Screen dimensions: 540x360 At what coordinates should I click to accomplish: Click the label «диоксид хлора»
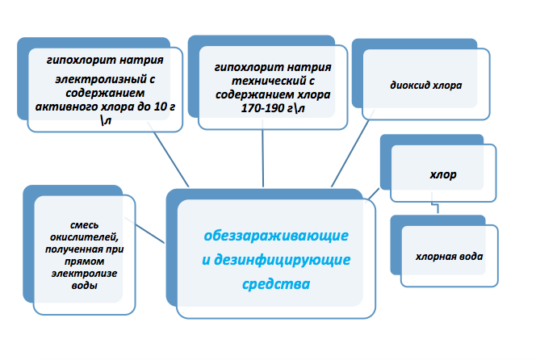pos(425,85)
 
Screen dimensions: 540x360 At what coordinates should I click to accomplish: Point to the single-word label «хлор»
pos(443,174)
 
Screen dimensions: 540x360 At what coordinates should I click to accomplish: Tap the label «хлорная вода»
pos(449,257)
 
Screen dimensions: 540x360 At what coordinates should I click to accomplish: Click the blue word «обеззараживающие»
pos(276,236)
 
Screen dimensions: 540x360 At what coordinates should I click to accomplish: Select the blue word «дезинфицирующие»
pos(282,260)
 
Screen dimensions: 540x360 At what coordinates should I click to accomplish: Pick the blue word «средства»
pos(276,284)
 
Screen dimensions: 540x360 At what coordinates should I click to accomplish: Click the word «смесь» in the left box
pos(85,225)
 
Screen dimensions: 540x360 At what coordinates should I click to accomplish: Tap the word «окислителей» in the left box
pos(84,237)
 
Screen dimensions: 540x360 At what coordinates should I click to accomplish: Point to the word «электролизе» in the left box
pos(85,273)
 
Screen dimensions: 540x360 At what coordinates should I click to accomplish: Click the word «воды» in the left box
pos(85,285)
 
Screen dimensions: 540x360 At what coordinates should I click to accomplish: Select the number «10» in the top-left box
pos(160,107)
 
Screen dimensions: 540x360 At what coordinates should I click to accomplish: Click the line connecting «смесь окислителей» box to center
pos(150,234)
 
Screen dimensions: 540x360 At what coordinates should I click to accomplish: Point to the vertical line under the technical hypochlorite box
pos(263,153)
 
